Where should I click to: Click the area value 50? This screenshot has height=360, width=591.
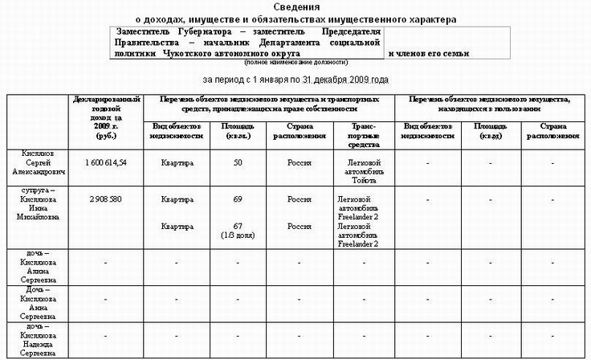coord(237,163)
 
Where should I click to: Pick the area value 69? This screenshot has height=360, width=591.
coord(237,198)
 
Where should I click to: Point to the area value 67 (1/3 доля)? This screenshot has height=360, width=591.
coord(237,231)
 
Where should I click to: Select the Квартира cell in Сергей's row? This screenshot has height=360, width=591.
coord(177,163)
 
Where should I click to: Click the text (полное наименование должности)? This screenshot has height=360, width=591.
coord(296,62)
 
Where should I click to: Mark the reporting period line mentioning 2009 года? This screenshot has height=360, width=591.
coord(295,80)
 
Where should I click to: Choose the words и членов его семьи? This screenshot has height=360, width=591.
coord(429,54)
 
